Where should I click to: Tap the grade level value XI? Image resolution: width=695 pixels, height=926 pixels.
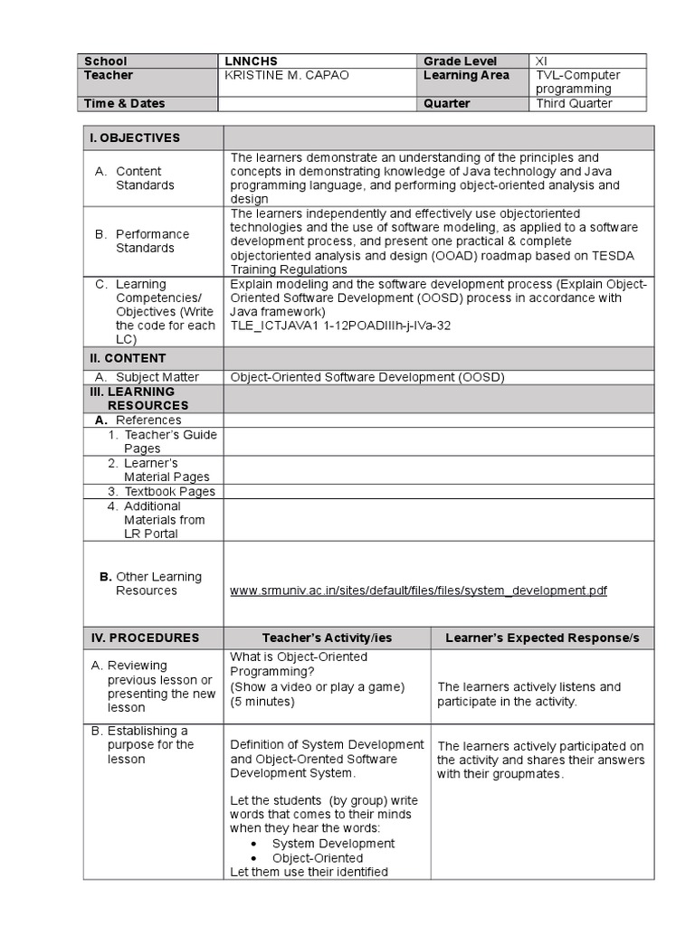pyautogui.click(x=541, y=61)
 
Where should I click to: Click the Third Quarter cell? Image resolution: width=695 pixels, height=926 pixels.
pyautogui.click(x=573, y=104)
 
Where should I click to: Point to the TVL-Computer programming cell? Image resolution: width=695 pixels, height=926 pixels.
pyautogui.click(x=573, y=82)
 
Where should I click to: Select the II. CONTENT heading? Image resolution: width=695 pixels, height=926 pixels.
pyautogui.click(x=128, y=359)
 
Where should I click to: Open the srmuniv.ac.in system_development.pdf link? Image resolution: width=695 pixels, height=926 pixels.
pyautogui.click(x=418, y=591)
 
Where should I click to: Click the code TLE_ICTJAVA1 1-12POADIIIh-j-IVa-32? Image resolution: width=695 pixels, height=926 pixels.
pyautogui.click(x=339, y=326)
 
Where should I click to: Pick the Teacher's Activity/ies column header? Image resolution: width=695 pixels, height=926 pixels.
pyautogui.click(x=327, y=638)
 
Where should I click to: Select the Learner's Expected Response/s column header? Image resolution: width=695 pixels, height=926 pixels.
pyautogui.click(x=542, y=638)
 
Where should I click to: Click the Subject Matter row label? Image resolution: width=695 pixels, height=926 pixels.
pyautogui.click(x=157, y=378)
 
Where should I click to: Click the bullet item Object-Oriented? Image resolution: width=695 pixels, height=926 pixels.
pyautogui.click(x=318, y=858)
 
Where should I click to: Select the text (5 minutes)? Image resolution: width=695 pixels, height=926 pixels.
pyautogui.click(x=262, y=702)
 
